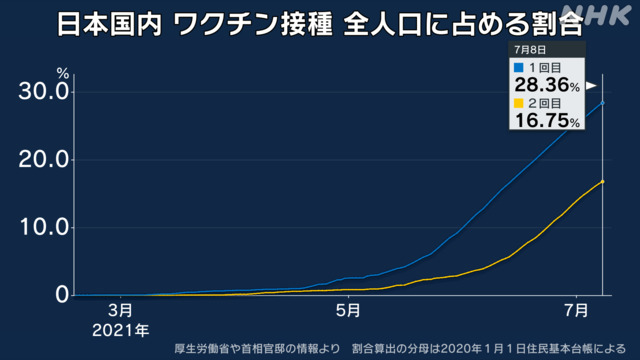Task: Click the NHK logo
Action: (596, 15)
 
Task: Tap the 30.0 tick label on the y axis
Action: (44, 91)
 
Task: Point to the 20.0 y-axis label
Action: (44, 159)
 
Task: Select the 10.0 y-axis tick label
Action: (44, 227)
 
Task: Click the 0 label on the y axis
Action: (62, 295)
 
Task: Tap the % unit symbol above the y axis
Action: (62, 73)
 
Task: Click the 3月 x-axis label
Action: (120, 311)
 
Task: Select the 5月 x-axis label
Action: (348, 311)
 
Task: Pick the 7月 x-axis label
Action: (576, 311)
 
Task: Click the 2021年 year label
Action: (120, 330)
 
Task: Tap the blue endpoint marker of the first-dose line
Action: (602, 103)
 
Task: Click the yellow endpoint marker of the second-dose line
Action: (602, 182)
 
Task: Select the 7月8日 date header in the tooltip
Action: (530, 50)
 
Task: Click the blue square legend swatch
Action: (518, 67)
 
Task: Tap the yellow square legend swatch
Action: (518, 103)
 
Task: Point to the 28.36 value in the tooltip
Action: (542, 85)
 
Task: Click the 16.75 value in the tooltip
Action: (542, 120)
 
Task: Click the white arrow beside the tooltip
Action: (591, 86)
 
